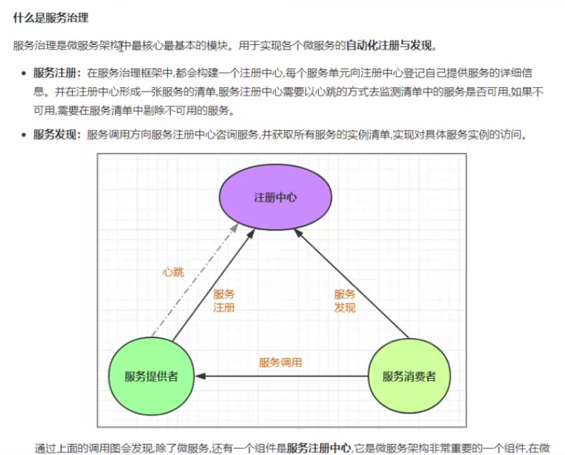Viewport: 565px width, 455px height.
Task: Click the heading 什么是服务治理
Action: coord(50,17)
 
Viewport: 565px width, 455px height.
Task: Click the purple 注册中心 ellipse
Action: coord(275,198)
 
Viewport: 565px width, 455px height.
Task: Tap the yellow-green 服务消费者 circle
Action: coord(409,376)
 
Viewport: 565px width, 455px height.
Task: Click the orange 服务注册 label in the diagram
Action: coord(224,301)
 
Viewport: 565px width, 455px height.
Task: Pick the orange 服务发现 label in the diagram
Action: coord(345,301)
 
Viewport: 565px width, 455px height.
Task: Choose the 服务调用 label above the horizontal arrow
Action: coord(280,363)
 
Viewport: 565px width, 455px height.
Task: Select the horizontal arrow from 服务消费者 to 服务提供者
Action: coord(286,376)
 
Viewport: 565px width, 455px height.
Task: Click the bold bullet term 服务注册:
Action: coord(57,71)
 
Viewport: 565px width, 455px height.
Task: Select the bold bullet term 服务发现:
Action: coord(57,135)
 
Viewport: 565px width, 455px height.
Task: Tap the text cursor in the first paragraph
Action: coord(121,46)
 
